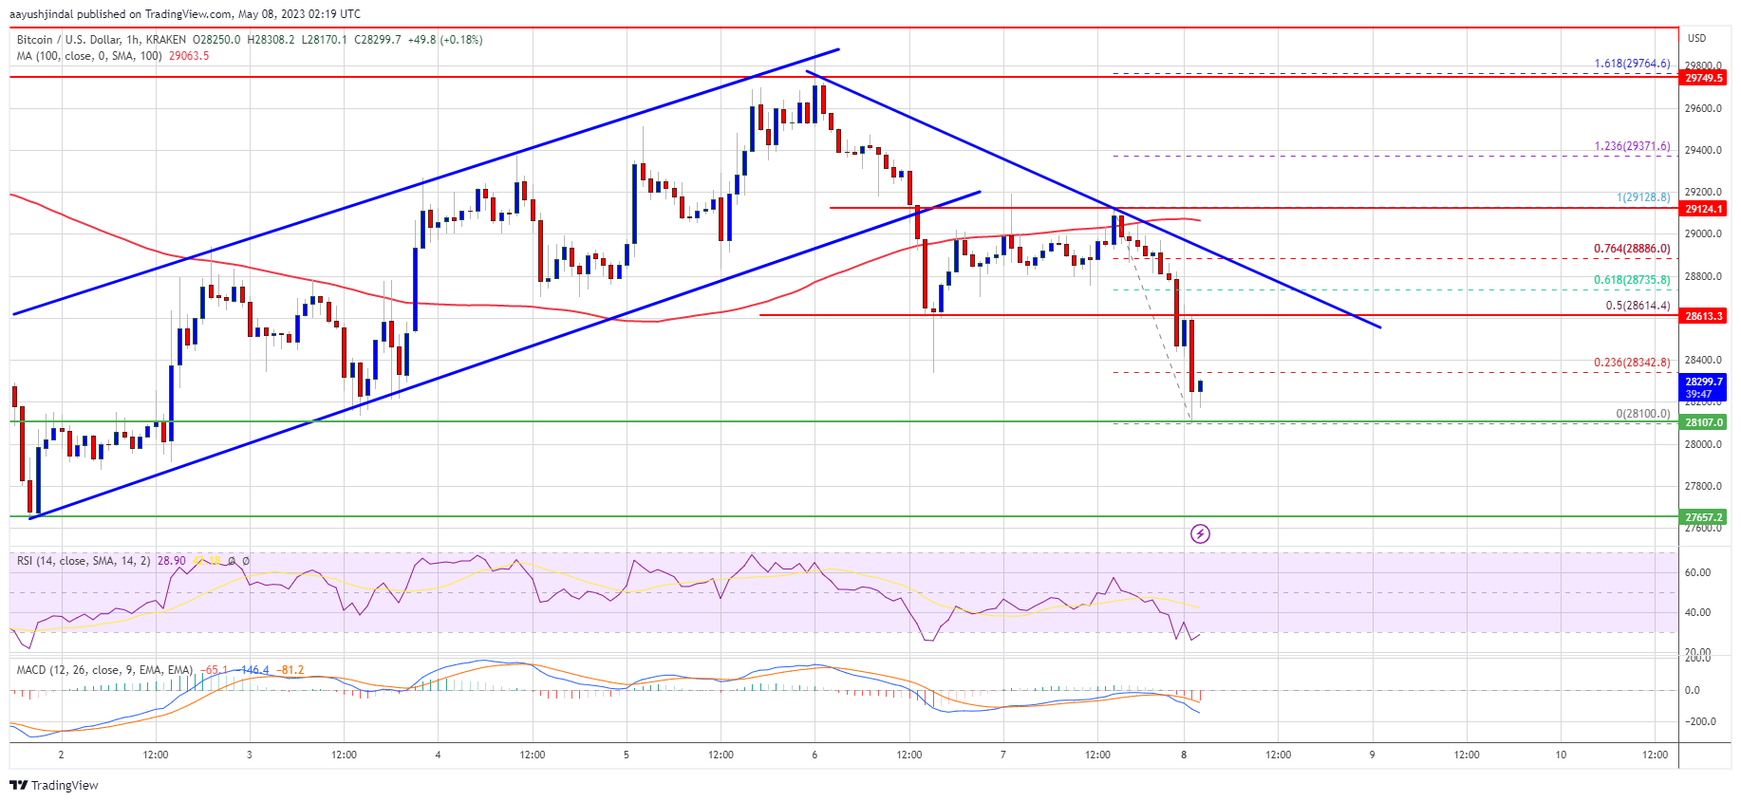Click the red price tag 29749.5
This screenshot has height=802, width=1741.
(x=1703, y=78)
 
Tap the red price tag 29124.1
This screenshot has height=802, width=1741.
(x=1703, y=209)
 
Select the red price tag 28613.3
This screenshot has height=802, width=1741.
(x=1703, y=316)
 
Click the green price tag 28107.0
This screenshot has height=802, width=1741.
(x=1703, y=422)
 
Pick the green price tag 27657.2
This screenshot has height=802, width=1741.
(x=1703, y=517)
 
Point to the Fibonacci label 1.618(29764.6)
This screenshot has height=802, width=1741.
(x=1632, y=64)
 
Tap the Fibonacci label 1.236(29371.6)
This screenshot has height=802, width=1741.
(x=1632, y=146)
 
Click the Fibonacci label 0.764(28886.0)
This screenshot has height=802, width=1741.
(x=1632, y=249)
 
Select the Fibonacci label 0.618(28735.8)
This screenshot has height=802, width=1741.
(x=1632, y=280)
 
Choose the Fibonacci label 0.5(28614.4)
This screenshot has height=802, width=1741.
(x=1638, y=306)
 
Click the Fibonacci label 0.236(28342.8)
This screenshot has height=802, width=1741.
(x=1632, y=363)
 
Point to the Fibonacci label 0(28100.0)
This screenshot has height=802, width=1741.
(x=1642, y=414)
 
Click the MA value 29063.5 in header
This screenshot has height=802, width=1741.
(x=189, y=56)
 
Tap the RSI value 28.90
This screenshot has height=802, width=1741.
(x=171, y=561)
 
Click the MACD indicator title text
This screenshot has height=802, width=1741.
(x=104, y=670)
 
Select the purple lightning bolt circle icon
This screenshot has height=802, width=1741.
(x=1200, y=534)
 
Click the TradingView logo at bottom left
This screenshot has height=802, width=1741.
(x=54, y=785)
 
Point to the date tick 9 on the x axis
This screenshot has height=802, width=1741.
(x=1372, y=755)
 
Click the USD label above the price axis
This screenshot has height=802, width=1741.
(x=1696, y=39)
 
